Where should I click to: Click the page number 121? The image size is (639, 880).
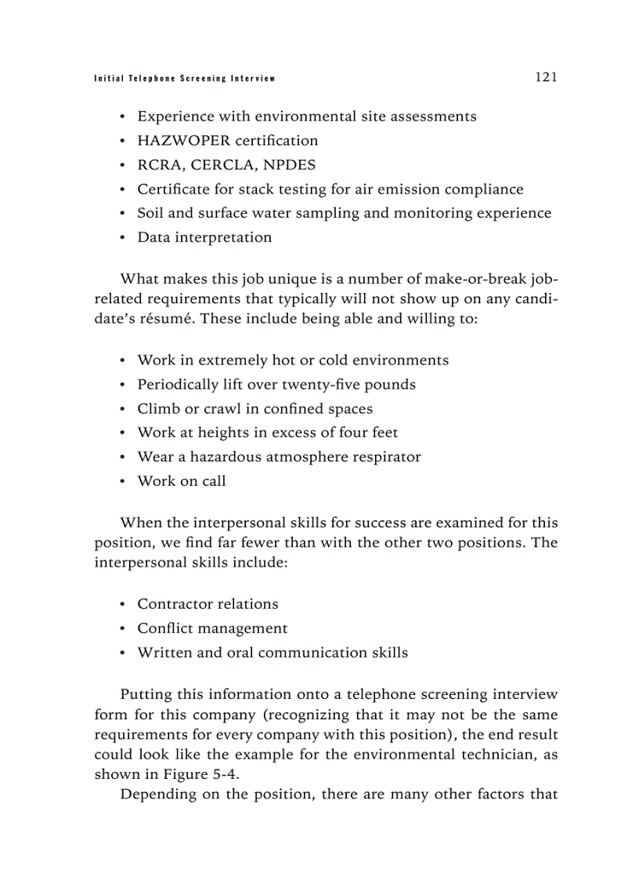[x=545, y=77]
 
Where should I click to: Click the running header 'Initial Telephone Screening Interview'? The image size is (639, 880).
[x=184, y=78]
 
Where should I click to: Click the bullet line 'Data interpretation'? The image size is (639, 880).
[x=204, y=237]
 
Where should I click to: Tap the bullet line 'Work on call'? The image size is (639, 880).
[x=182, y=481]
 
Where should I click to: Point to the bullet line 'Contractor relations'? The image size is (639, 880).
[x=208, y=604]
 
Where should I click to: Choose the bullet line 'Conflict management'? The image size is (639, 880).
[x=212, y=628]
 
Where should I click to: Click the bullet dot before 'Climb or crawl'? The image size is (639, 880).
[x=123, y=409]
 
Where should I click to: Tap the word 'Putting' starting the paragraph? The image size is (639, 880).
[x=147, y=695]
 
